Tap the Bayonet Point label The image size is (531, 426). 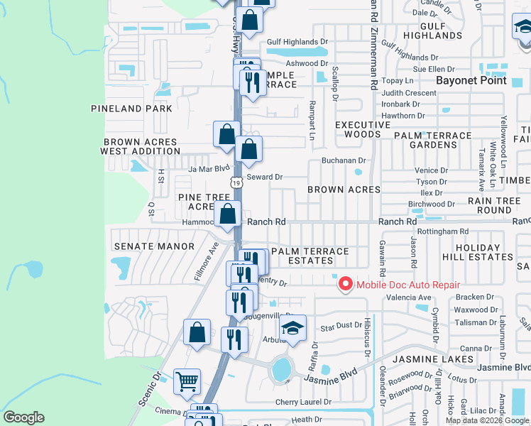(x=471, y=80)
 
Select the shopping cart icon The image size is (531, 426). (x=187, y=381)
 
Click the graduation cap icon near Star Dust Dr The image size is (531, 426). (x=291, y=328)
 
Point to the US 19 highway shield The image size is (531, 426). (x=236, y=183)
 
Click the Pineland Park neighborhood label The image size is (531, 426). (x=131, y=109)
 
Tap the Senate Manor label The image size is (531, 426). (x=153, y=246)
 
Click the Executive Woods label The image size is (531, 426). (x=363, y=130)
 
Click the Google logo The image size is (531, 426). (x=23, y=417)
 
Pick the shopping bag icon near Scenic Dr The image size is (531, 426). (x=197, y=332)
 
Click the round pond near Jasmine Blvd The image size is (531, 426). (x=282, y=369)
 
